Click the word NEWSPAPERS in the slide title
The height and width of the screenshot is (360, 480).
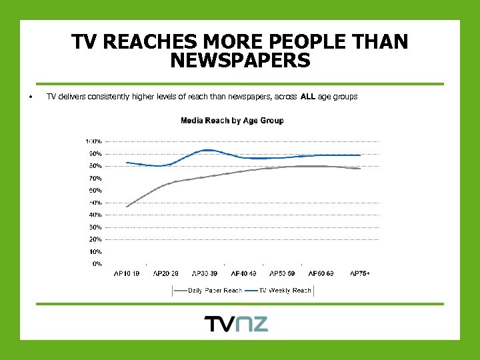click(x=240, y=61)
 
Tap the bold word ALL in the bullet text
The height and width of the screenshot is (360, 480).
click(x=308, y=97)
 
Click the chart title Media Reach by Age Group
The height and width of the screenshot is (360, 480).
click(x=232, y=121)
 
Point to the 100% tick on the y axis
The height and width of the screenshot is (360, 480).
click(x=93, y=141)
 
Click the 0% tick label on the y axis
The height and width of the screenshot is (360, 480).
click(x=97, y=264)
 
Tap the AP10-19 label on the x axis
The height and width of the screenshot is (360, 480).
click(x=126, y=273)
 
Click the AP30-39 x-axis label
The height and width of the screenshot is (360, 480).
click(x=204, y=273)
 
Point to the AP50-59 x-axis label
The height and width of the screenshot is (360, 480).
click(x=282, y=273)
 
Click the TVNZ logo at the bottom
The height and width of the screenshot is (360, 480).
click(x=236, y=324)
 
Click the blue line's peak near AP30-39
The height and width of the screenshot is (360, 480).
click(x=208, y=150)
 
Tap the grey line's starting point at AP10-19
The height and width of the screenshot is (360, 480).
click(x=126, y=207)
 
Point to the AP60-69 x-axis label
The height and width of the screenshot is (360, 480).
click(x=321, y=273)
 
